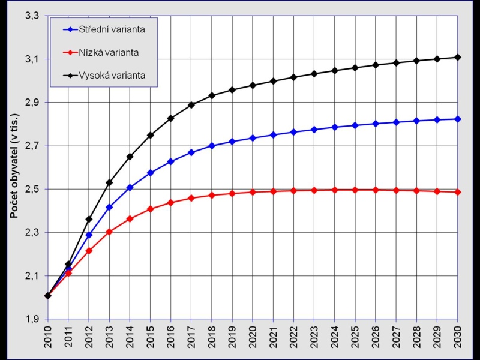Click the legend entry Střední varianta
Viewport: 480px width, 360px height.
pos(112,29)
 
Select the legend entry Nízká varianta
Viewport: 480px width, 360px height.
pos(109,52)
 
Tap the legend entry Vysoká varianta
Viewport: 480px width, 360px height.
pos(112,76)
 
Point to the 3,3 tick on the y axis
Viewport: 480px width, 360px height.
pos(32,16)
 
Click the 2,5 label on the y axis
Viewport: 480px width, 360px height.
pos(32,190)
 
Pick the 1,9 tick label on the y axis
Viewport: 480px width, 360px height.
pos(32,319)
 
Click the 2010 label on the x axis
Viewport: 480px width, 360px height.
pos(48,334)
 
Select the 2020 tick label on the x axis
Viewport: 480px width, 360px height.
pos(253,334)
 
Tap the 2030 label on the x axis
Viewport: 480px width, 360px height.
pos(458,334)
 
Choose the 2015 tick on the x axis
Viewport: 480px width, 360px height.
pos(151,334)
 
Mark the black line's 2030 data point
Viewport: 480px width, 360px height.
pos(457,58)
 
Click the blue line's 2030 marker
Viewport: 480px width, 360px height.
pos(457,119)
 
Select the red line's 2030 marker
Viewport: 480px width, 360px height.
pos(457,192)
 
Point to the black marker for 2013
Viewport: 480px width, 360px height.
pos(109,182)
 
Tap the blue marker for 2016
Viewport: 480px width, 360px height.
pos(170,161)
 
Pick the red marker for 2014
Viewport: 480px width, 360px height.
pos(130,218)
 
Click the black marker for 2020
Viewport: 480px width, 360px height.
pos(253,85)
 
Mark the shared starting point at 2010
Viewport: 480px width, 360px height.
pos(47,295)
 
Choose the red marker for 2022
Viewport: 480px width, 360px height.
pos(293,191)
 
